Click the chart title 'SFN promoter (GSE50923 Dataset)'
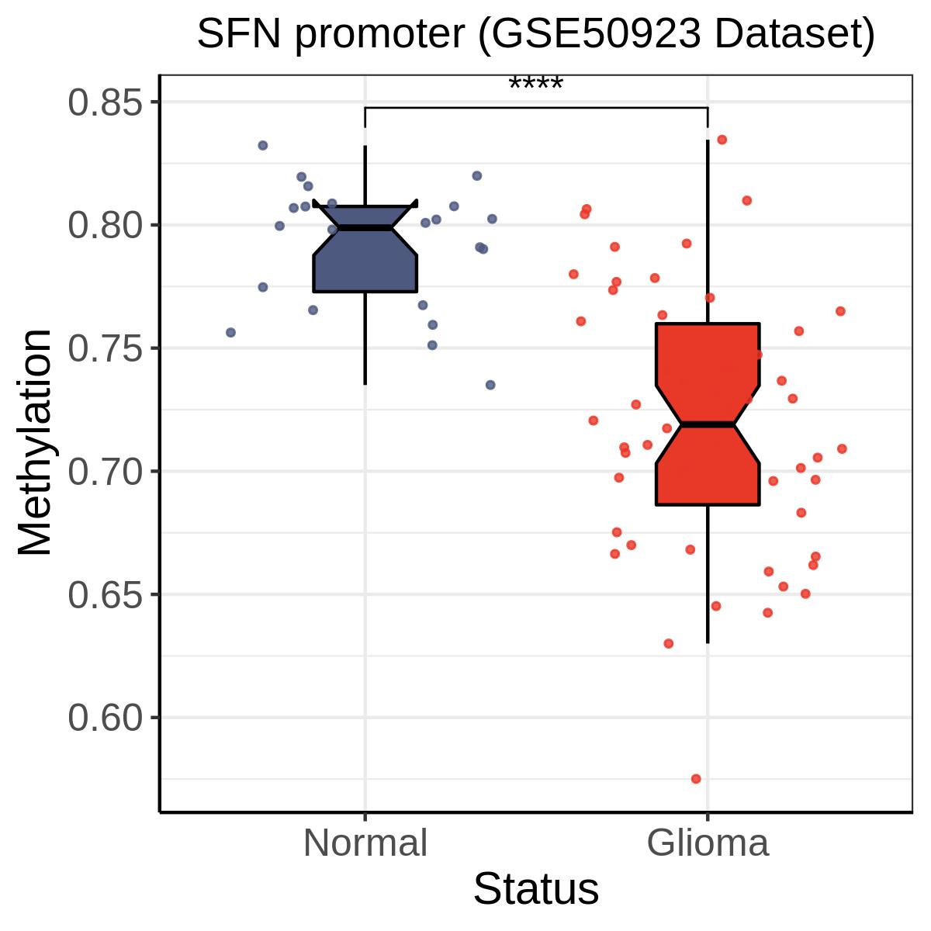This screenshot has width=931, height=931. click(x=535, y=34)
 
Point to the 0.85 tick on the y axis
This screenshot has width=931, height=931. click(x=108, y=102)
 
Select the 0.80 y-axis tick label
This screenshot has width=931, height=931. click(x=108, y=226)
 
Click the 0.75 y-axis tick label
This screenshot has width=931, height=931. click(x=108, y=348)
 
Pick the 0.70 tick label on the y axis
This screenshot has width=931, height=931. click(x=108, y=472)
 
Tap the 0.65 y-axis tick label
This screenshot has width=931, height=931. click(x=108, y=595)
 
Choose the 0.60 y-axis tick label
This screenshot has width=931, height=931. click(x=108, y=718)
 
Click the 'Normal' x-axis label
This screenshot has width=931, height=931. click(x=365, y=843)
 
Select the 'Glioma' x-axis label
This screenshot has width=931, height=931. click(x=708, y=843)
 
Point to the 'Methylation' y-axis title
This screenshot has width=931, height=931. click(x=36, y=442)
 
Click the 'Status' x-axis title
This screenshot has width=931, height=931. click(x=536, y=889)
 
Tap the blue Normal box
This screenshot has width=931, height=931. click(x=365, y=264)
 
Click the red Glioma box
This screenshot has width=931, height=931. click(x=708, y=465)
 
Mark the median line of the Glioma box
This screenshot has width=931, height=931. click(x=708, y=424)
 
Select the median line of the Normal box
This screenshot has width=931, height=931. click(x=365, y=228)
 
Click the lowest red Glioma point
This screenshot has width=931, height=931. click(x=696, y=779)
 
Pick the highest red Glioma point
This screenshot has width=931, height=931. click(x=722, y=140)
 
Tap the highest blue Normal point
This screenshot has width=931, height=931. click(x=263, y=145)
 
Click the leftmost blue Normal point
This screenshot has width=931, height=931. click(x=230, y=332)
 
